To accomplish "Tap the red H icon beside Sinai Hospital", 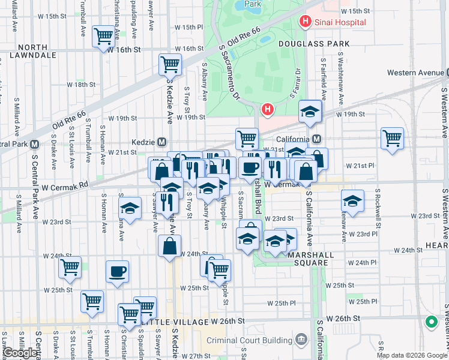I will point(305,22).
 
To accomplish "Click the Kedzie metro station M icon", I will point(161,142).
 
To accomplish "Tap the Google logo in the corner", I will point(20,353).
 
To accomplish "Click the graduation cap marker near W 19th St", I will point(310,111).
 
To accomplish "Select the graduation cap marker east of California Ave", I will point(352,202).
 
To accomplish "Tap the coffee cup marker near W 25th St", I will point(117,271).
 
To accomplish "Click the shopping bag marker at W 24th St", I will point(170,245).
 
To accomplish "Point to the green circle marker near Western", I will point(431,322).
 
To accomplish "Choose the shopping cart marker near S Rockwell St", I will point(392,138).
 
